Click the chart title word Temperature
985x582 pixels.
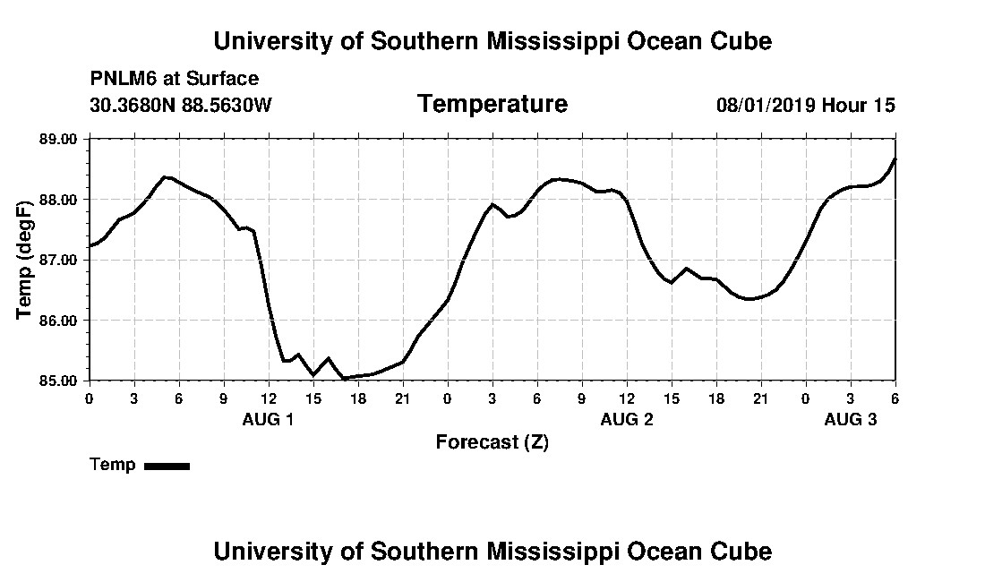(492, 105)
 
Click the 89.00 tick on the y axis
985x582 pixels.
(59, 140)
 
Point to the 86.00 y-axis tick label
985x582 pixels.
(59, 321)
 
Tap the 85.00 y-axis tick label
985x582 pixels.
(59, 381)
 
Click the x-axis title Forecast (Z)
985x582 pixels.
(492, 442)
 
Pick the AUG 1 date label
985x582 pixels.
(268, 420)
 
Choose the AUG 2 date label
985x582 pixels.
(626, 420)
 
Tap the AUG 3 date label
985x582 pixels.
(850, 420)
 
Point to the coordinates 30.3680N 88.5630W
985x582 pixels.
(180, 106)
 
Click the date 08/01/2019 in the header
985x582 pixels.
(765, 106)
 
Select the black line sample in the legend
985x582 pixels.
(167, 466)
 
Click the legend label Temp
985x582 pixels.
(113, 465)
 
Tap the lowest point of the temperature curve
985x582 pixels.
(344, 379)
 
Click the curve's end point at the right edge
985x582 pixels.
(895, 159)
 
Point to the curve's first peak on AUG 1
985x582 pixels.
(165, 176)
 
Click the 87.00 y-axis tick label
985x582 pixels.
(59, 260)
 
